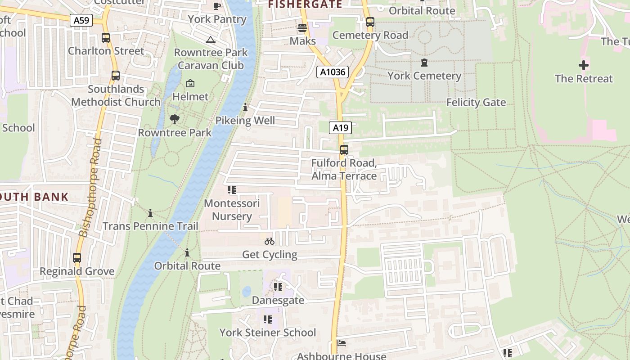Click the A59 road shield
tap(81, 20)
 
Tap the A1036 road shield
tap(332, 72)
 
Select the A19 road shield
tap(340, 128)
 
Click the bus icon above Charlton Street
tap(106, 38)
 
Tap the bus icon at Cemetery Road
tap(370, 22)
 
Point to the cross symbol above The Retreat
tap(584, 66)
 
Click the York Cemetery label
tap(424, 76)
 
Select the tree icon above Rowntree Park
tap(175, 119)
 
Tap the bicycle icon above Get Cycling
tap(270, 242)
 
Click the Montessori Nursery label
tap(232, 210)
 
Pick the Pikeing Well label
tap(245, 121)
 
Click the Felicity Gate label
tap(476, 103)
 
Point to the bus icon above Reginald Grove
tap(77, 258)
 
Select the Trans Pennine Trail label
tap(150, 226)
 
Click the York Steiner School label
tap(268, 333)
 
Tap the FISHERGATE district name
tap(305, 4)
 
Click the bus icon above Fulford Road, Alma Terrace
tap(344, 150)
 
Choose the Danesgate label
tap(278, 300)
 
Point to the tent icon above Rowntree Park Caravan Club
tap(210, 40)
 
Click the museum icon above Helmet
tap(190, 84)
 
